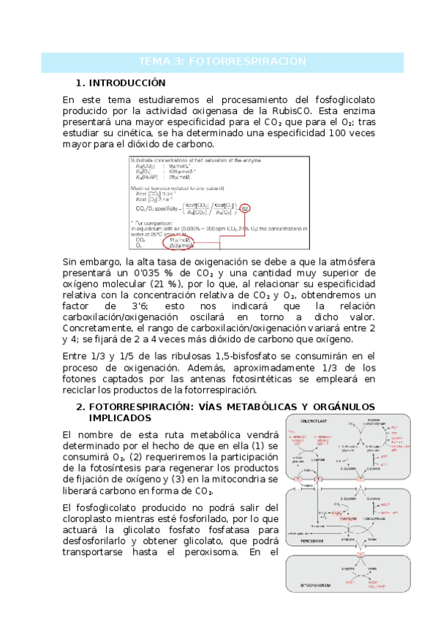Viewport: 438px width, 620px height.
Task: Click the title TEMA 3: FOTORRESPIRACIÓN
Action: [222, 61]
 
